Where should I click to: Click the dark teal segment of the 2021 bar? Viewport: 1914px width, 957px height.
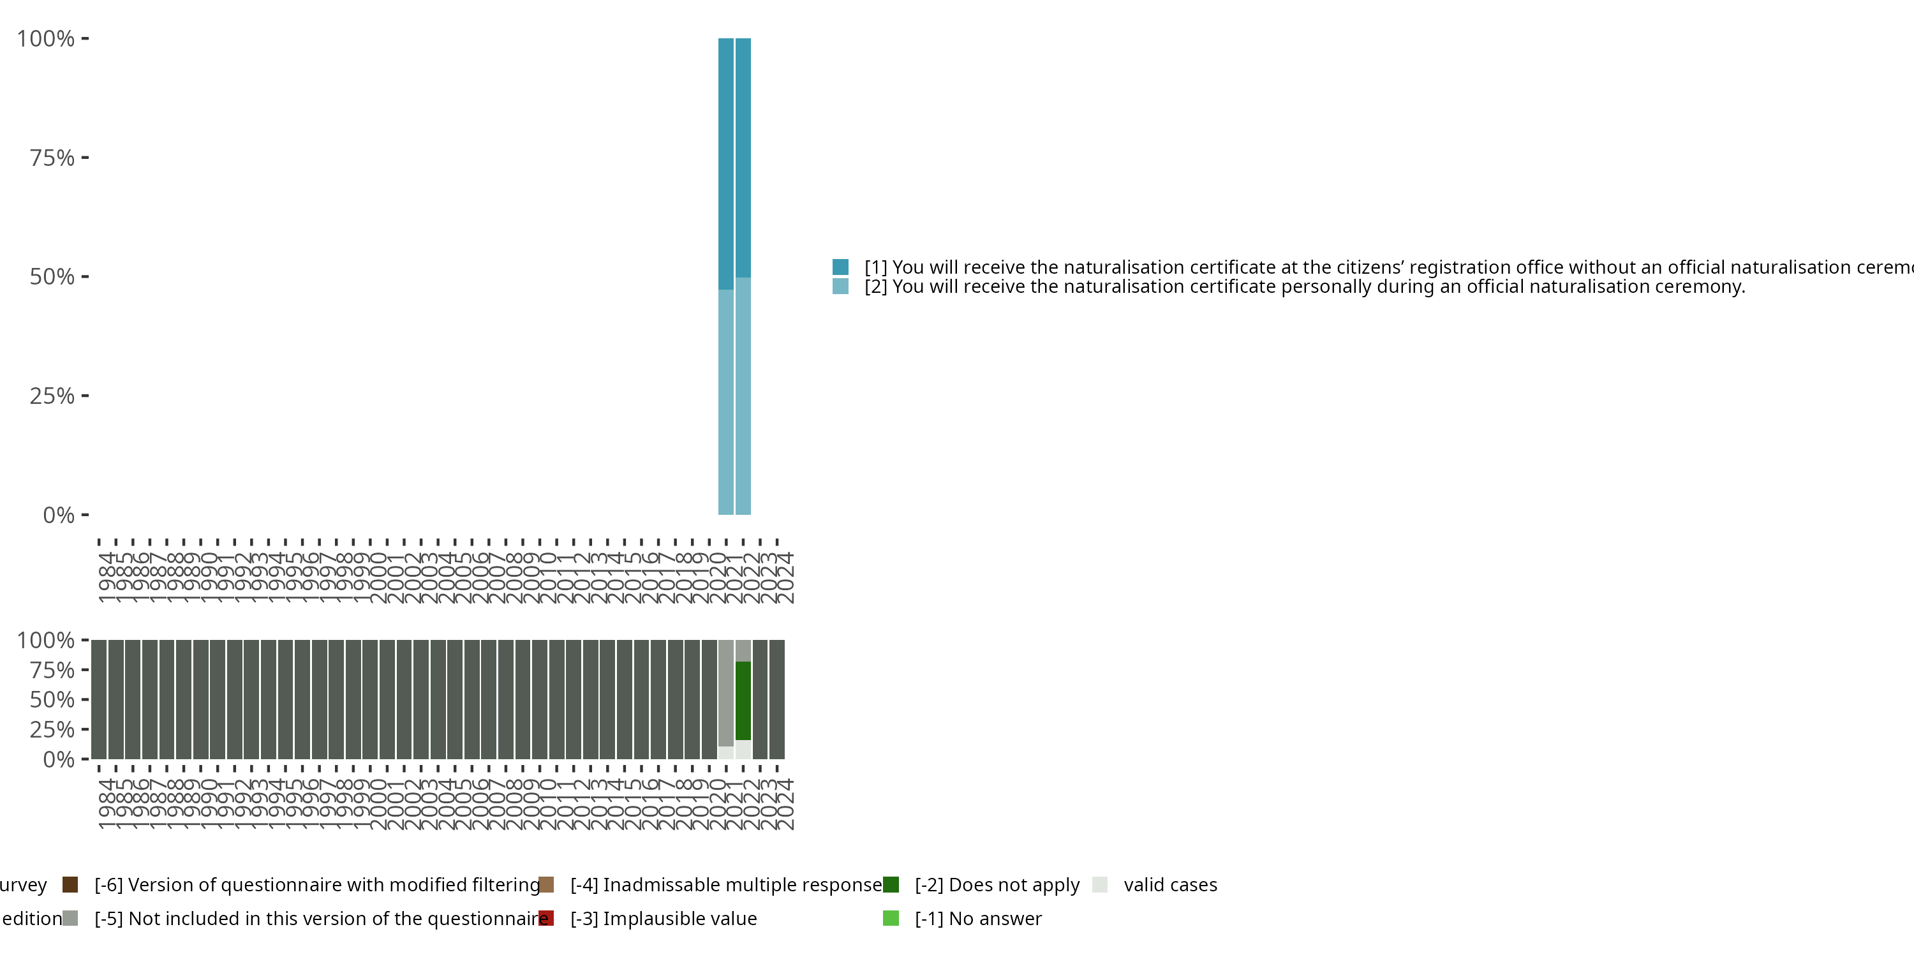coord(726,163)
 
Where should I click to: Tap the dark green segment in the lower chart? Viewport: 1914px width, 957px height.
coord(743,700)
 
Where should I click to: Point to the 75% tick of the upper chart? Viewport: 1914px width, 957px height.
coord(85,158)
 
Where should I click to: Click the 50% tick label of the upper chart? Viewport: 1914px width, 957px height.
coord(52,277)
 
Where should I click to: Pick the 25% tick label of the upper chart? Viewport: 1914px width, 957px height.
coord(52,396)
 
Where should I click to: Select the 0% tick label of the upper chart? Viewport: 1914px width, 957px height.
coord(59,515)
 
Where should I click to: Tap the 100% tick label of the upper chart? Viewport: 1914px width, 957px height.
coord(46,39)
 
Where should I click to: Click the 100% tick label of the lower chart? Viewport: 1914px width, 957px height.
coord(46,640)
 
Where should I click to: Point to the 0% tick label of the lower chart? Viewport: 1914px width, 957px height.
coord(59,759)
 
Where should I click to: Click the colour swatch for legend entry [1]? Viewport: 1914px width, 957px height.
coord(840,267)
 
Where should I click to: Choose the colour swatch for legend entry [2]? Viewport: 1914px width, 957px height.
coord(840,286)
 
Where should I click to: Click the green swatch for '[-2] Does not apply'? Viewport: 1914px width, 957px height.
coord(891,884)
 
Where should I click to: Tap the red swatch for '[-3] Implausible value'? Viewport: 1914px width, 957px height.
coord(546,918)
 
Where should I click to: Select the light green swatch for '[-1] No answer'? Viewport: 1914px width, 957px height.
coord(891,918)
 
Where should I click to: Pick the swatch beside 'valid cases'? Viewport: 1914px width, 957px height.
coord(1101,884)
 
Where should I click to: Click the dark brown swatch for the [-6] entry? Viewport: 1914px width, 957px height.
coord(71,884)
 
